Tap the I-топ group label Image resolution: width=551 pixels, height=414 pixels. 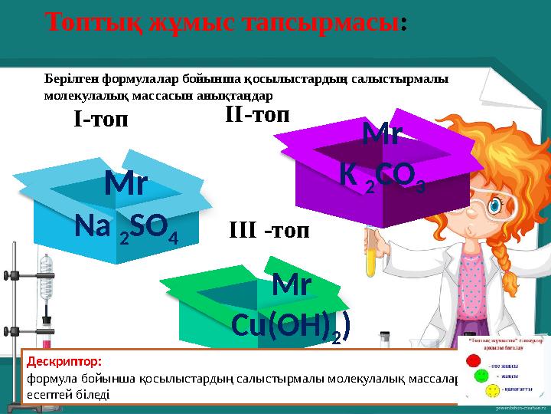click(x=99, y=120)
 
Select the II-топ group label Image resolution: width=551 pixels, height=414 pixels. click(x=258, y=116)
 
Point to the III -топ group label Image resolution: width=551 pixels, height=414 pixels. click(x=269, y=231)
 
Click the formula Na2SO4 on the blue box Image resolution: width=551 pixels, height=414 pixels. click(x=126, y=228)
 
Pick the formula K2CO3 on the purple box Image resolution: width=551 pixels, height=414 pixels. click(x=382, y=176)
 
